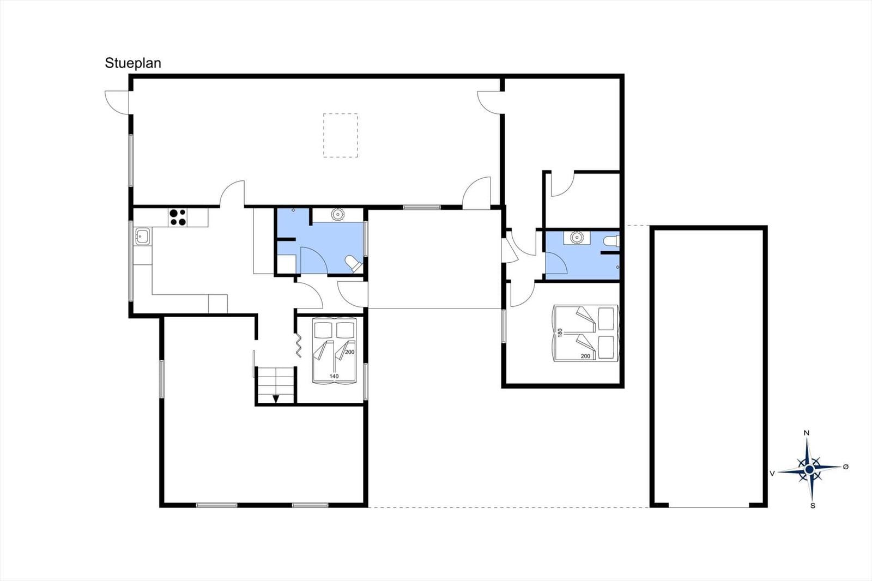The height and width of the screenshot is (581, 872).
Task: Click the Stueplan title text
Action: point(133,63)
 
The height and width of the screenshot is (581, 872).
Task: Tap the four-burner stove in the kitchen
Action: point(177,217)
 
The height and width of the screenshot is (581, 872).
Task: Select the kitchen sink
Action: point(143,237)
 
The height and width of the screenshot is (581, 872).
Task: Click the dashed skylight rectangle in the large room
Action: point(341,135)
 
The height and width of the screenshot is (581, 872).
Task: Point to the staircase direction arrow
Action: point(276,398)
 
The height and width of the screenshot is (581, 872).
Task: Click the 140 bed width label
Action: point(334,376)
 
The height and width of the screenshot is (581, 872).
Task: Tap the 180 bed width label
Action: point(560,332)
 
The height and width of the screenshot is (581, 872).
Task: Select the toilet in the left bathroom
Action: point(354,264)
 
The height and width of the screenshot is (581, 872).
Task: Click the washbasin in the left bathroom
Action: point(338,215)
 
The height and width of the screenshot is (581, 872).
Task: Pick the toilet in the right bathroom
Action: point(612,240)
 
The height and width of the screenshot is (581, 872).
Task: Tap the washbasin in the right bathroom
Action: point(577,238)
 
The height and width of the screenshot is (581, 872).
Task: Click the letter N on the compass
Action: point(807,433)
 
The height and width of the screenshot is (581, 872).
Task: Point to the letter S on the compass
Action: point(813,506)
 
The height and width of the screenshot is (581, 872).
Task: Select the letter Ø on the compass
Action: point(846,467)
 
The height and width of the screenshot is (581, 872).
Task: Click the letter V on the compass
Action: point(772,474)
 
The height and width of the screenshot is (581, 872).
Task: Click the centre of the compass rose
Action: point(809,469)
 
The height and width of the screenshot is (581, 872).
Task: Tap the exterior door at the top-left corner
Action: point(116,102)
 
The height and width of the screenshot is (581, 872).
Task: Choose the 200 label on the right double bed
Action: point(585,356)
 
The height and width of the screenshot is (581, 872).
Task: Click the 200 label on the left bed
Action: point(349,352)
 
